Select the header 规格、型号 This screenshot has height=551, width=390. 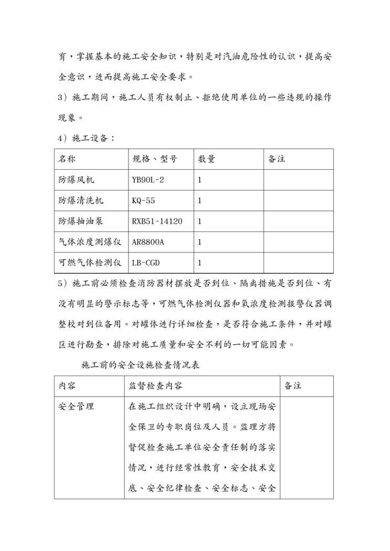click(x=155, y=159)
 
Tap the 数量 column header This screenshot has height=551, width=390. click(x=206, y=159)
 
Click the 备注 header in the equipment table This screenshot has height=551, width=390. click(x=276, y=159)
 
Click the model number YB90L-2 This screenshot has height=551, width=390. click(x=148, y=180)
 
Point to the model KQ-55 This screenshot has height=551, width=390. click(x=144, y=201)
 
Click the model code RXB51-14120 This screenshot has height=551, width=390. click(x=157, y=222)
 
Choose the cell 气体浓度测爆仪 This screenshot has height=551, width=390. click(x=90, y=243)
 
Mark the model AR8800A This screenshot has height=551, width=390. click(x=148, y=243)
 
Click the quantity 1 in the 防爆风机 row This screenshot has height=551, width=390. click(x=200, y=180)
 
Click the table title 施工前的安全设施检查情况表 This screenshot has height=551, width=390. click(x=140, y=365)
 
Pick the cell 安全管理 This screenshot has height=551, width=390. click(x=76, y=406)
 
